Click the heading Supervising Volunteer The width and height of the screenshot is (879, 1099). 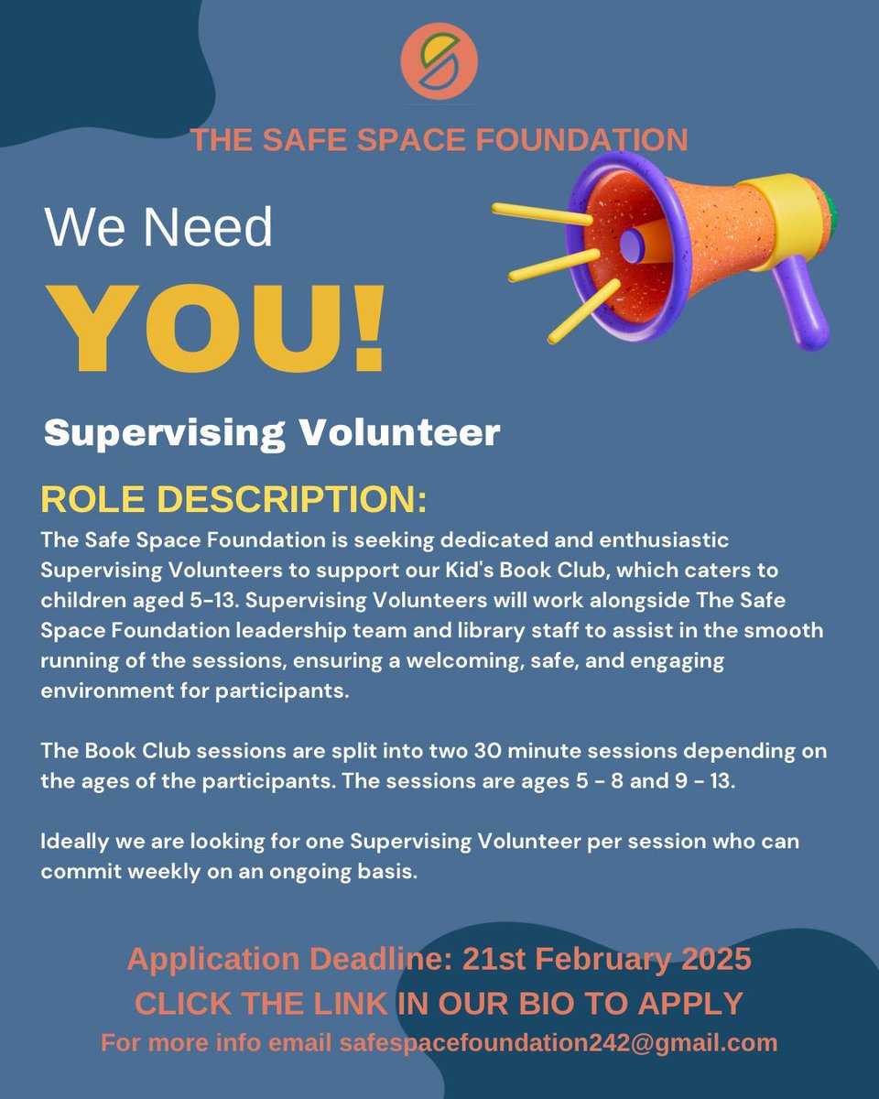point(272,432)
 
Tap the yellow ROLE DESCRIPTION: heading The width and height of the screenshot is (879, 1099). point(233,500)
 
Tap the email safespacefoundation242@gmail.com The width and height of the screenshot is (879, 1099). point(559,1042)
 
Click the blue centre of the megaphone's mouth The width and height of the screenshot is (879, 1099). point(633,243)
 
